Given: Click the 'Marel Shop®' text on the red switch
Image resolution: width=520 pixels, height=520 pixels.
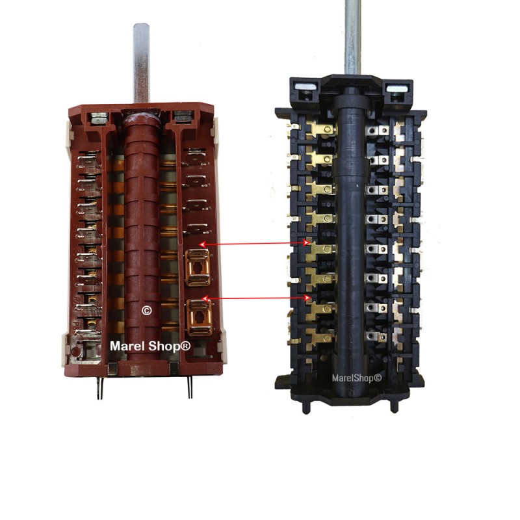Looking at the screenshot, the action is point(150,346).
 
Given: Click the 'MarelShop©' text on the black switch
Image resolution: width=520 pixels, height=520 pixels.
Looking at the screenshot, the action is point(357,378).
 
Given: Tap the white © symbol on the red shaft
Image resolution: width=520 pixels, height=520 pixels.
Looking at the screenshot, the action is point(147,311).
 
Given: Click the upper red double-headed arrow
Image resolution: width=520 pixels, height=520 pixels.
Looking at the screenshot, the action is point(255,244).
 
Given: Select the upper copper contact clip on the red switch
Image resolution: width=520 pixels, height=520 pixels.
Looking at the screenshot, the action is point(198,268).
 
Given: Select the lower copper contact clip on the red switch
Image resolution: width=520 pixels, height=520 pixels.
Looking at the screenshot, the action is point(200,317).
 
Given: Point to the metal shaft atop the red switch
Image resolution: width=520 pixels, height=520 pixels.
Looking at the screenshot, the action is point(141,63).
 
